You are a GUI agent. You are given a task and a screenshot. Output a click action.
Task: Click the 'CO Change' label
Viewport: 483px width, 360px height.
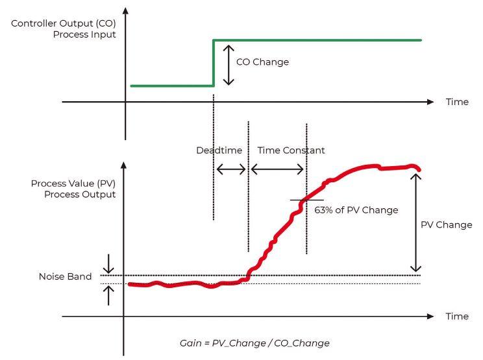tap(262, 62)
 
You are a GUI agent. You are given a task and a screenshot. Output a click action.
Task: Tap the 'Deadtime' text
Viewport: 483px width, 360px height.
tap(219, 150)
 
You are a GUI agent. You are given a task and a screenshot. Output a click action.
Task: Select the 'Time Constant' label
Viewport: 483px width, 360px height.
tap(291, 150)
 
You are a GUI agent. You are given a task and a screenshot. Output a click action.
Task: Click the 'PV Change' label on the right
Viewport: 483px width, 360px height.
tap(446, 225)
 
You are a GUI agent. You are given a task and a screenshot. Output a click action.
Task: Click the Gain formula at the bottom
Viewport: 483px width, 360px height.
tap(254, 342)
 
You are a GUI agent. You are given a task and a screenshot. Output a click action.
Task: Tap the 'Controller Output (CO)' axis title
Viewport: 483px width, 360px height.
tap(64, 24)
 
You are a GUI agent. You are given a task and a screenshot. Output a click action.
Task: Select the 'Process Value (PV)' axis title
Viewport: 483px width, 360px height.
tap(73, 184)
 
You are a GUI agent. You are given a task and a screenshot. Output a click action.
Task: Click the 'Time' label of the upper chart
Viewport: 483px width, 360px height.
tap(457, 102)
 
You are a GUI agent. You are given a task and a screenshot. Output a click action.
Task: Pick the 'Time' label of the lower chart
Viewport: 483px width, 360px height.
tap(457, 317)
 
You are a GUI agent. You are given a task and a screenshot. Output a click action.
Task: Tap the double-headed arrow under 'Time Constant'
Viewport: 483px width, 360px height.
tap(277, 169)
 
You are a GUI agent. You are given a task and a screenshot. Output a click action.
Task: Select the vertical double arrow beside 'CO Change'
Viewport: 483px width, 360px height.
tap(227, 64)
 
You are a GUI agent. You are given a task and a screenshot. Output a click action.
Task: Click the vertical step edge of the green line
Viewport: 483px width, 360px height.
tap(214, 63)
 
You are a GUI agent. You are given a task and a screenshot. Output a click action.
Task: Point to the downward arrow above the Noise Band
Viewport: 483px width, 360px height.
tap(108, 263)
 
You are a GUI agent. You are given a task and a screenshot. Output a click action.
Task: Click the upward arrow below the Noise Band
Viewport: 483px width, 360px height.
tap(108, 295)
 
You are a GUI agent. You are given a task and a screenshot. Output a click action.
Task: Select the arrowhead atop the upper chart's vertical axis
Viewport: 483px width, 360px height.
tap(125, 11)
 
